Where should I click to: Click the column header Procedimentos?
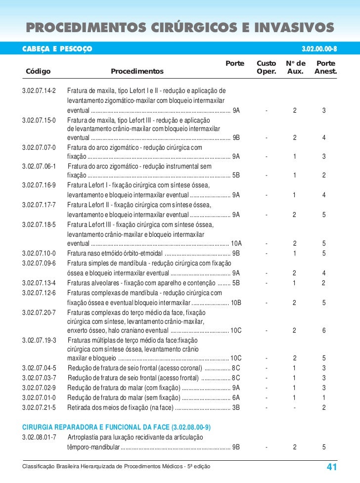(137, 72)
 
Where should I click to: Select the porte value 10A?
(236, 243)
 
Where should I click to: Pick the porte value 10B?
(236, 303)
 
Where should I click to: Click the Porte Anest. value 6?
(324, 331)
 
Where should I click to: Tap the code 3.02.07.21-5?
(40, 408)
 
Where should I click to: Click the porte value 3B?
(236, 408)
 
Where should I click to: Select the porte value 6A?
(236, 398)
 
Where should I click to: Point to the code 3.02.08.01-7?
(40, 438)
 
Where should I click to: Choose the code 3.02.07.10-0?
(40, 253)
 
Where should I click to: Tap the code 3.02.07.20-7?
(40, 312)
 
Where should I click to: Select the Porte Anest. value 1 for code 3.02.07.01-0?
(324, 398)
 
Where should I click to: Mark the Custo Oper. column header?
(267, 68)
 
